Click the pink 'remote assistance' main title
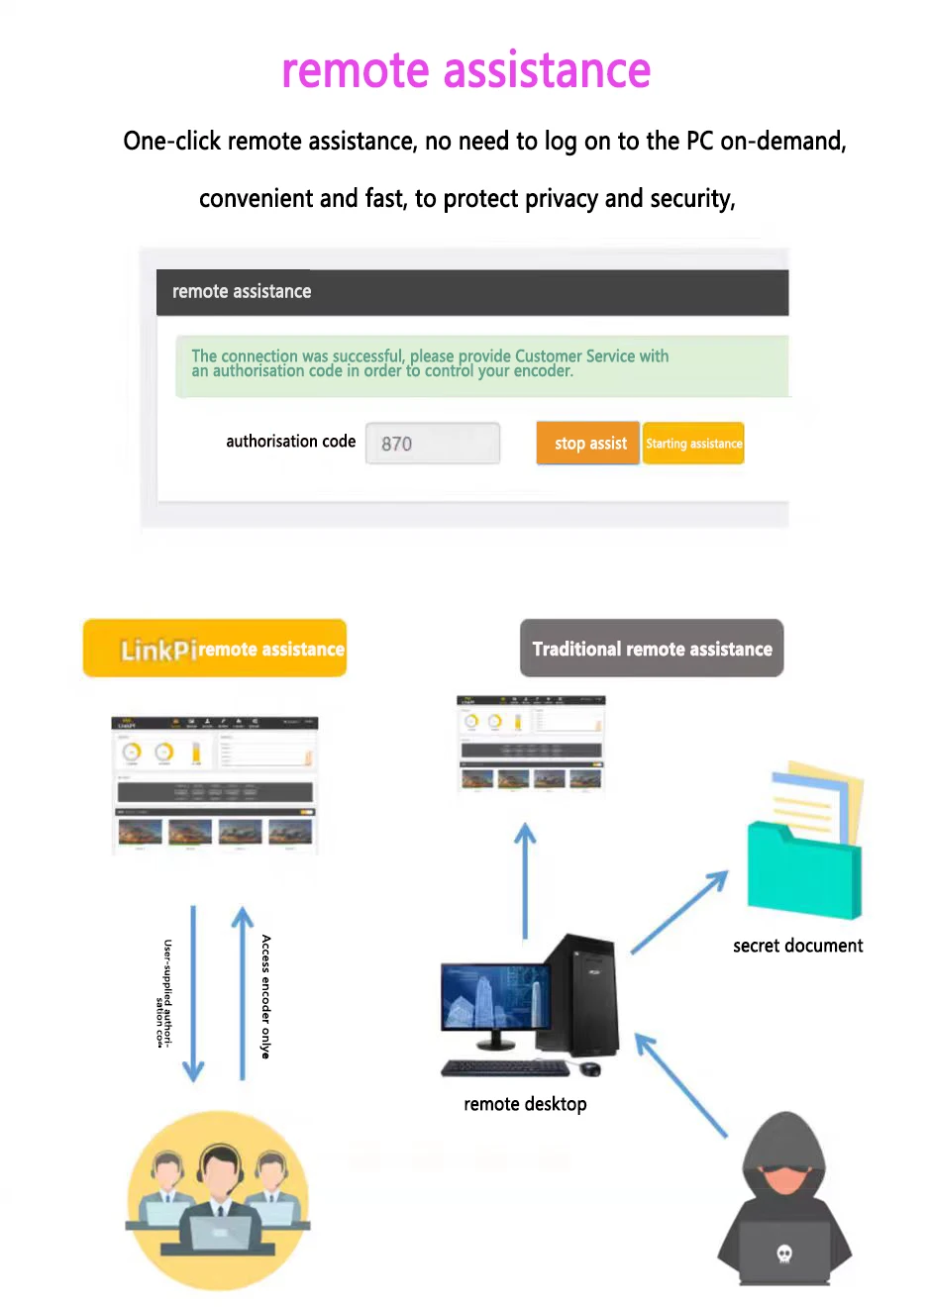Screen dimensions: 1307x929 (465, 71)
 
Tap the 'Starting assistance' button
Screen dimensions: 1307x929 (693, 444)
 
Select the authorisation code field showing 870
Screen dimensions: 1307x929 (433, 444)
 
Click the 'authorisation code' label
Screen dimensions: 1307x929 (290, 442)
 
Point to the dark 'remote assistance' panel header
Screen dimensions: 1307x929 (472, 292)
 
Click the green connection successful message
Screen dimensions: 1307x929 (482, 364)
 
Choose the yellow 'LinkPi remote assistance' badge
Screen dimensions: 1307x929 (215, 649)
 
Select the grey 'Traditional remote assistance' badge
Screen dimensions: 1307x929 (652, 649)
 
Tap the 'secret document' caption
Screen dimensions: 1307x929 (797, 946)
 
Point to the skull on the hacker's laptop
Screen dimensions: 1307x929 (784, 1255)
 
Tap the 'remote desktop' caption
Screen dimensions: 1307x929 (525, 1104)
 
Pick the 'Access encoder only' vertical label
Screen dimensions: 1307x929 (265, 996)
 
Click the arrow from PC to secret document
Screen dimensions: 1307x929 (679, 912)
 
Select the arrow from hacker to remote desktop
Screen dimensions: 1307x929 (680, 1084)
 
